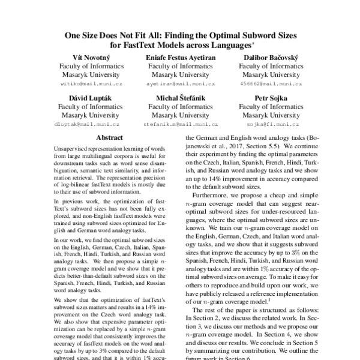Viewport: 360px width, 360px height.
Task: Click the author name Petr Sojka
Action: pyautogui.click(x=268, y=98)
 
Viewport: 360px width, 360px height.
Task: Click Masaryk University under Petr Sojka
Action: pyautogui.click(x=268, y=115)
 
